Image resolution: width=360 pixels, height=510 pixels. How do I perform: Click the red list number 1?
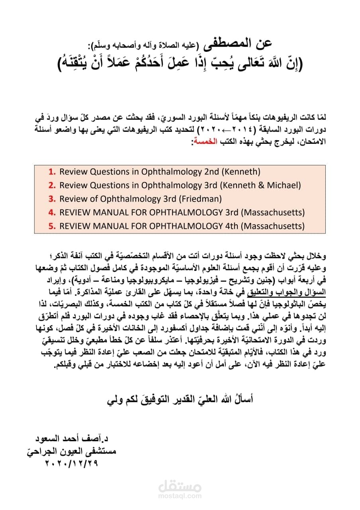click(52, 172)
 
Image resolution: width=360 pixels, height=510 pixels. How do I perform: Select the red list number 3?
click(52, 199)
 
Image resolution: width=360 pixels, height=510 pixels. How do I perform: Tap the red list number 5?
click(52, 226)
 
